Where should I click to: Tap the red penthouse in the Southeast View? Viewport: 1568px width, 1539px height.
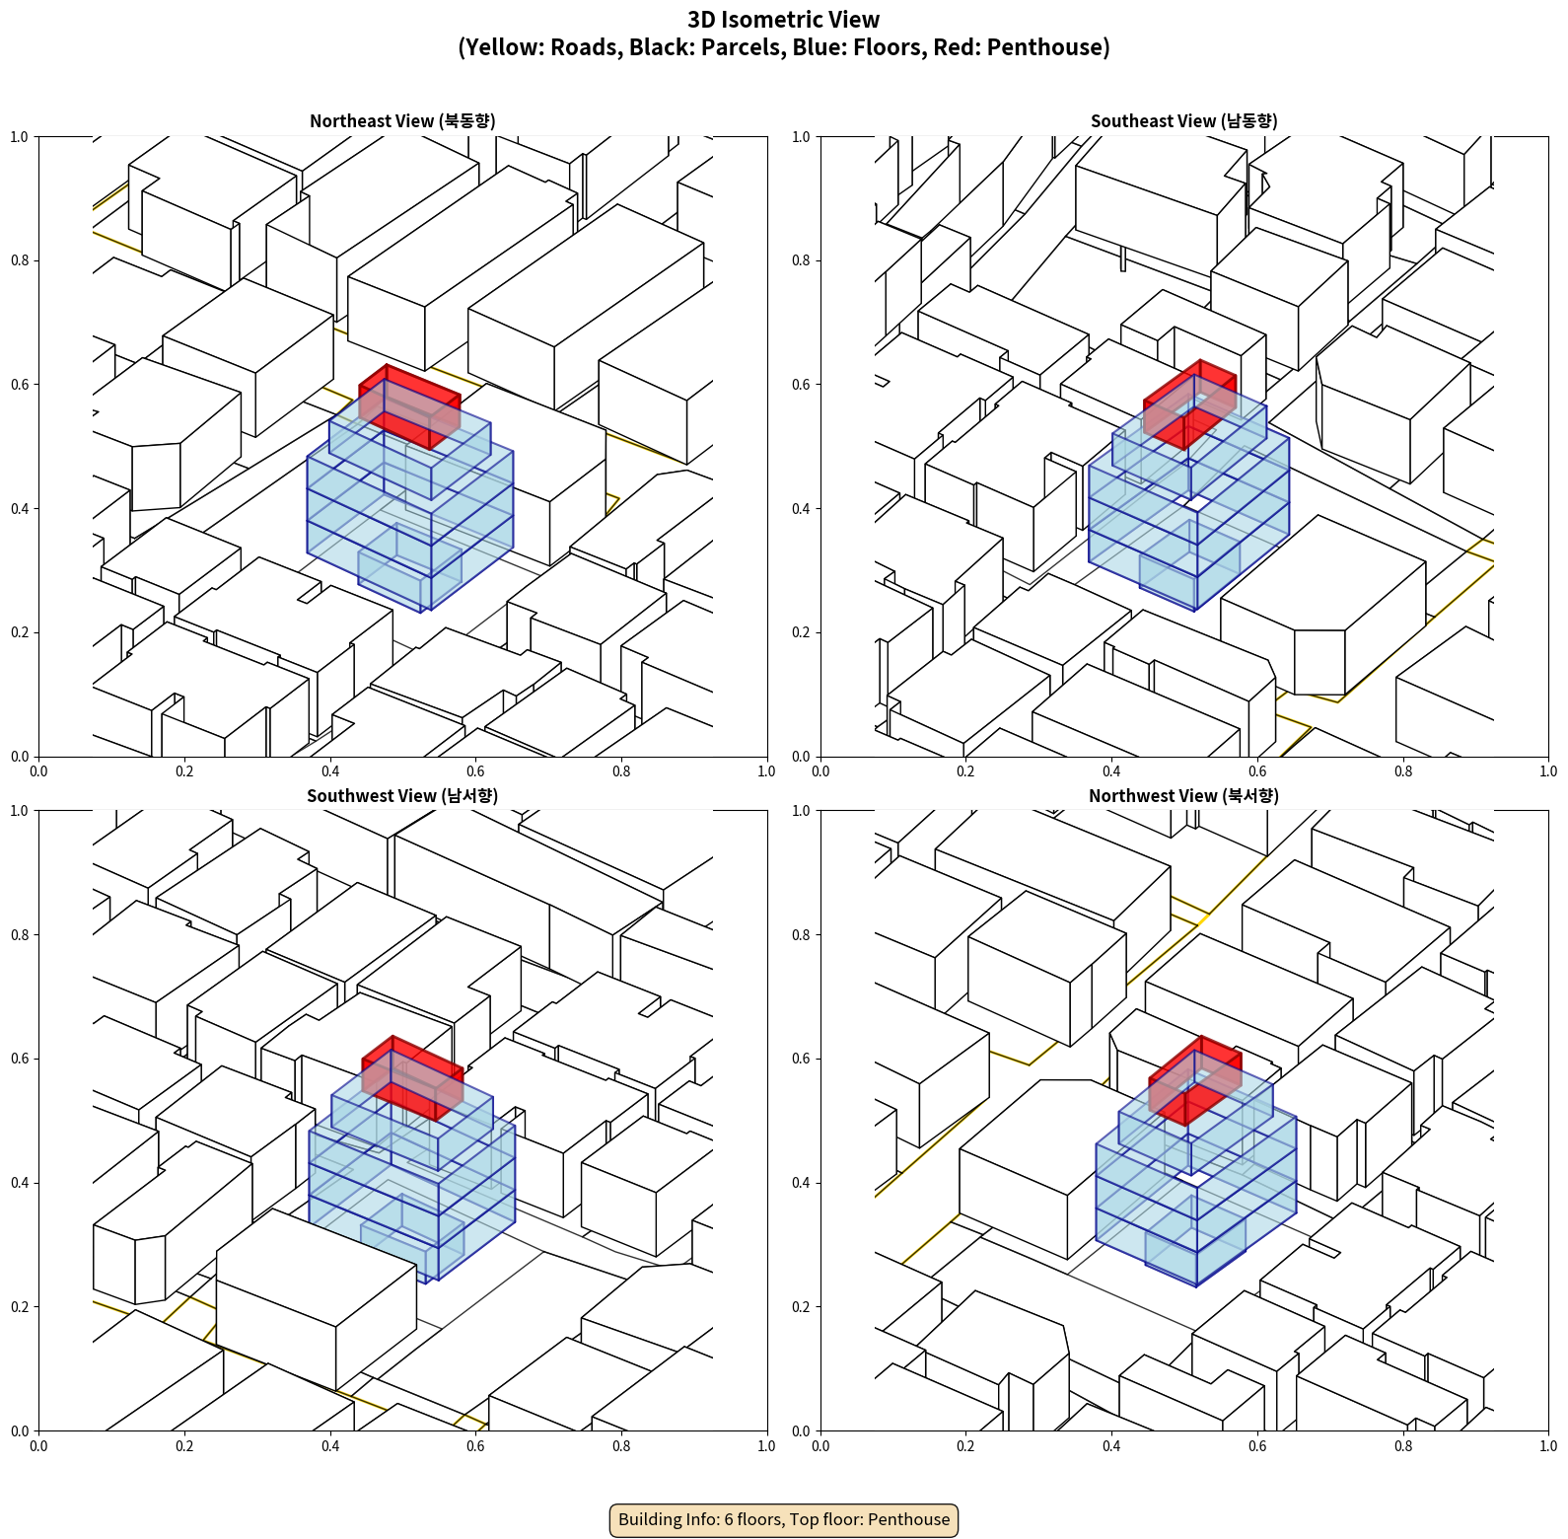click(x=1189, y=404)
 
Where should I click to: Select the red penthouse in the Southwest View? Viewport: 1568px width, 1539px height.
click(x=412, y=1078)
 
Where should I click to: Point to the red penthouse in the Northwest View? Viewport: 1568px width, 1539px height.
click(x=1195, y=1080)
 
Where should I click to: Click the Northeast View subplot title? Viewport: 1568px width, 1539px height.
click(x=402, y=121)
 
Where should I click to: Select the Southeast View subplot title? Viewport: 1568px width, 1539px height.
click(x=1184, y=121)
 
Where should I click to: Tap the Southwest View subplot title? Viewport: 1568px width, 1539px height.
click(x=402, y=796)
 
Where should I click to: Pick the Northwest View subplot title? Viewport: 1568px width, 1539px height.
click(x=1184, y=796)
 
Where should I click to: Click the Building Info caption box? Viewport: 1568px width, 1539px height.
click(x=784, y=1519)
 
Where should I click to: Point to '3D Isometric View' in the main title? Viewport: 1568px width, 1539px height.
click(x=784, y=20)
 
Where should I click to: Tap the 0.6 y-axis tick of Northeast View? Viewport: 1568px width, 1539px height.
click(x=20, y=385)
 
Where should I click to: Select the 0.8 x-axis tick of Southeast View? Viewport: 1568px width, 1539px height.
click(x=1403, y=771)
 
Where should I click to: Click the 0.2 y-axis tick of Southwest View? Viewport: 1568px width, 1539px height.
click(x=20, y=1307)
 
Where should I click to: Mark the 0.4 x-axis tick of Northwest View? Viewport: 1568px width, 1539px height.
click(x=1111, y=1446)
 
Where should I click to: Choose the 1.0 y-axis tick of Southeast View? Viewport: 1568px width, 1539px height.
click(x=801, y=137)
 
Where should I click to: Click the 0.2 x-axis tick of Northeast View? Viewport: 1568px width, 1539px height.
click(x=184, y=771)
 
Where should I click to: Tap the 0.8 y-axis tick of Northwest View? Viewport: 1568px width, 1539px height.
click(x=801, y=935)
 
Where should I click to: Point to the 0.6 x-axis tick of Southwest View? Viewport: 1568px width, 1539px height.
click(x=475, y=1446)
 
